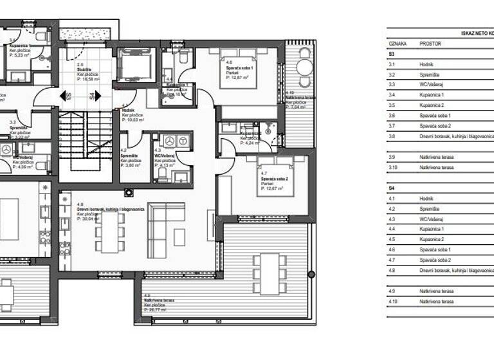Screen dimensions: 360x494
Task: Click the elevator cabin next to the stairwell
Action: click(134, 66)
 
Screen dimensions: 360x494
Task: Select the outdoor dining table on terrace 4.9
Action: click(270, 272)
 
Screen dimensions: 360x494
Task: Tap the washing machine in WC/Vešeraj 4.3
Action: click(170, 141)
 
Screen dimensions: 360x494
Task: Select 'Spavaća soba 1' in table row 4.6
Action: click(435, 249)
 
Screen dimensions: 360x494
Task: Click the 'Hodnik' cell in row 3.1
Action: click(427, 65)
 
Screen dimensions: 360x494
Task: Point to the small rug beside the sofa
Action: click(179, 237)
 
